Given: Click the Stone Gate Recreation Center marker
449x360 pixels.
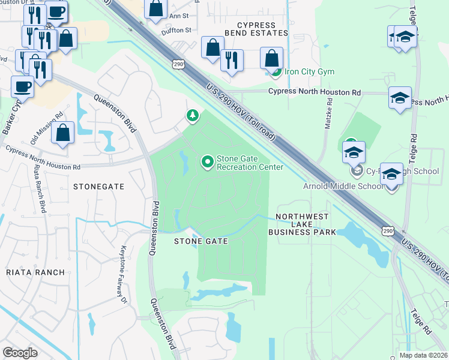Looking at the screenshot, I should point(208,161).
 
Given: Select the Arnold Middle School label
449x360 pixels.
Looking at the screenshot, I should point(343,186).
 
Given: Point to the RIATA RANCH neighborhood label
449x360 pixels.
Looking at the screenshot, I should point(35,272).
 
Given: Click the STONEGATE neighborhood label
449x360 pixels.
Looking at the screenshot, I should point(98,187).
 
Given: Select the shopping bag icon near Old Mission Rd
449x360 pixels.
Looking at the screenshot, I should point(62,133).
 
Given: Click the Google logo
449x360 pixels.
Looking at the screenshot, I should point(20,353).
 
